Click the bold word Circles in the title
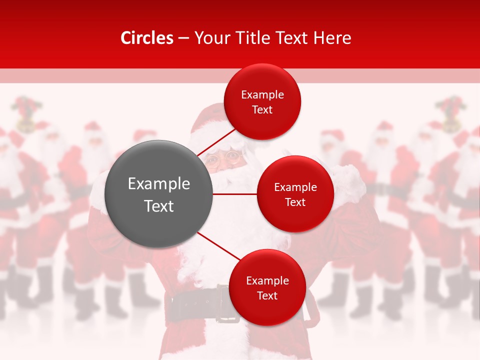click(146, 38)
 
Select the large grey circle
click(158, 194)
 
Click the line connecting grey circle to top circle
click(216, 142)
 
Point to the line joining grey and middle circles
click(235, 193)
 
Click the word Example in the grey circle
click(159, 183)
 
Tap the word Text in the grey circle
click(159, 206)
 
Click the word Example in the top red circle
click(262, 94)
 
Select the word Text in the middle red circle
click(295, 202)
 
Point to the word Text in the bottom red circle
click(267, 295)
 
